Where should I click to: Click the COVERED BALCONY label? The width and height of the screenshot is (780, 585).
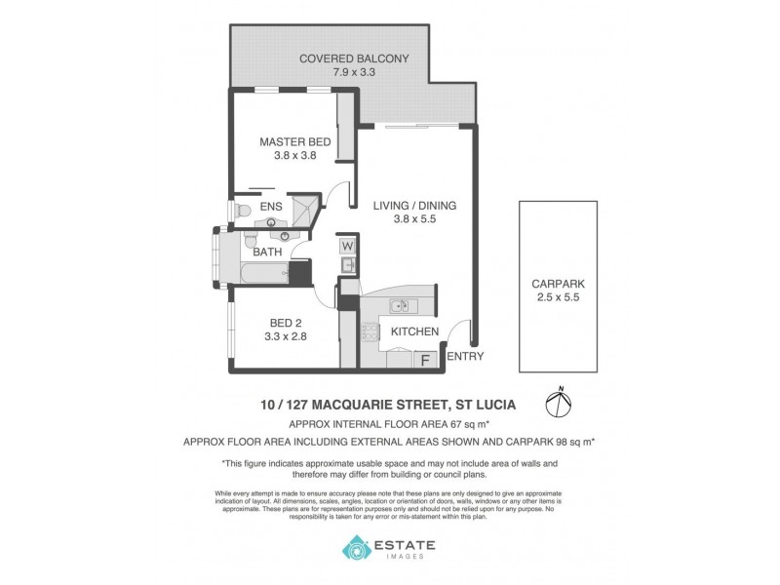point(353,58)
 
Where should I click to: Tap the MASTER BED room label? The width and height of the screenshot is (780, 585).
point(294,142)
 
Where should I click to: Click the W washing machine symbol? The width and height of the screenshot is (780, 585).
point(348,248)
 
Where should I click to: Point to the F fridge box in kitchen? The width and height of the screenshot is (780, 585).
point(425,360)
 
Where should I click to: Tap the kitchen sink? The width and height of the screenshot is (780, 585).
point(401,307)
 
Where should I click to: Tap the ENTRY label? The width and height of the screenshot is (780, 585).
point(464,357)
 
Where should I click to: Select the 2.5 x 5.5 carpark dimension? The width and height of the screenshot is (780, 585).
point(558,298)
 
